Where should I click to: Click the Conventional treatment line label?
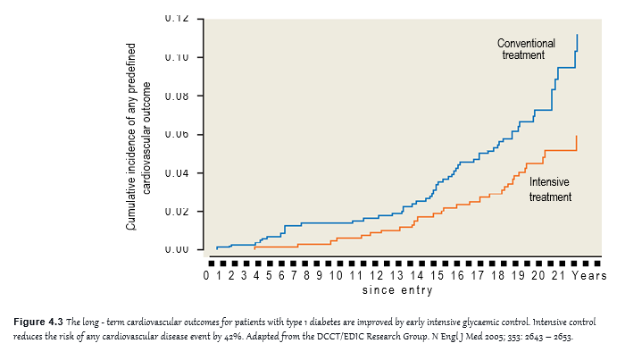(526, 49)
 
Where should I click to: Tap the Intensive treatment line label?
(550, 189)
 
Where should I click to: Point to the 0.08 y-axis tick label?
(177, 96)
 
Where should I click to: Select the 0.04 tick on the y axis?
(177, 173)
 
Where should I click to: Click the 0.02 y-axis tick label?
(177, 212)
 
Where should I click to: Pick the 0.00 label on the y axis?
(177, 249)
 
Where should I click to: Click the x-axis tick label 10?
(336, 275)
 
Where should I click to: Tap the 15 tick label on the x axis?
(437, 275)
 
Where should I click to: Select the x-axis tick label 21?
(558, 275)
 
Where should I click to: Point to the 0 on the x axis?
(206, 275)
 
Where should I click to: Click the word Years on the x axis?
(589, 275)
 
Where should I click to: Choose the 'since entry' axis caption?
(397, 289)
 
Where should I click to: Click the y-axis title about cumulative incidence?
(138, 137)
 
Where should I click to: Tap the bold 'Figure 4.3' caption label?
(38, 322)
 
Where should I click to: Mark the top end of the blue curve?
(577, 35)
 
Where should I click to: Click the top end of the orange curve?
(577, 137)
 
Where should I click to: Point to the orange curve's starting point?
(254, 247)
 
